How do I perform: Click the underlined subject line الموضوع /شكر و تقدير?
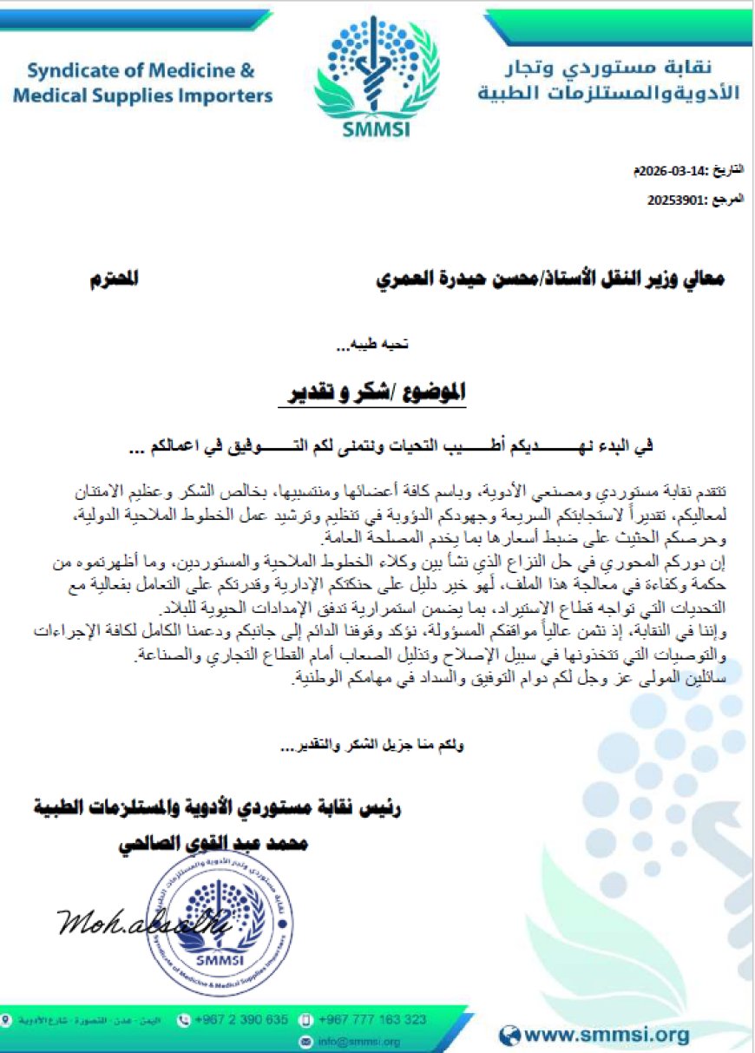click(377, 394)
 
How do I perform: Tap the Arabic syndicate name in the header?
click(608, 80)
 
